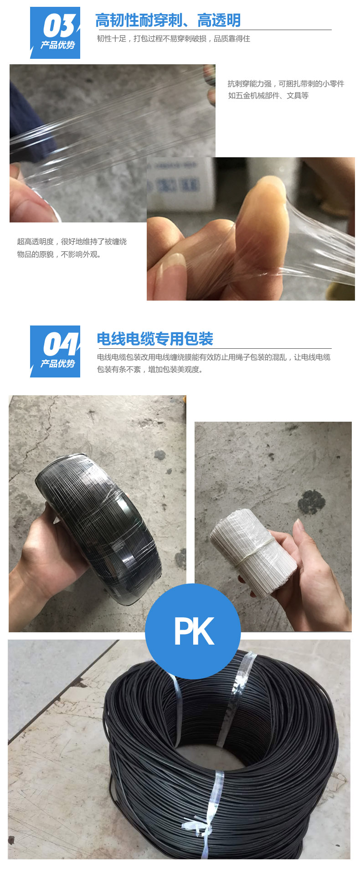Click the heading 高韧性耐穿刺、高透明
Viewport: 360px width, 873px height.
pos(168,21)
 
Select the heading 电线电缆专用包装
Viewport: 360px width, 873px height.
pos(155,339)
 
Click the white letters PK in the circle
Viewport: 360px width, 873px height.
pos(194,631)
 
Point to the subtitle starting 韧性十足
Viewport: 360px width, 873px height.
pos(174,39)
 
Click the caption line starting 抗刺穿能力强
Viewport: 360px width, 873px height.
pos(286,83)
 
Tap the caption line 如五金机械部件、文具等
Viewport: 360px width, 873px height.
pos(268,96)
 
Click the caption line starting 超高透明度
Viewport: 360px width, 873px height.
pos(72,242)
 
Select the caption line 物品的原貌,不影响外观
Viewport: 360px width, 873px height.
pos(59,254)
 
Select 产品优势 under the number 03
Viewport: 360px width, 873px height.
pos(57,45)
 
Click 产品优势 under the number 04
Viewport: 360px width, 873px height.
pos(57,364)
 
